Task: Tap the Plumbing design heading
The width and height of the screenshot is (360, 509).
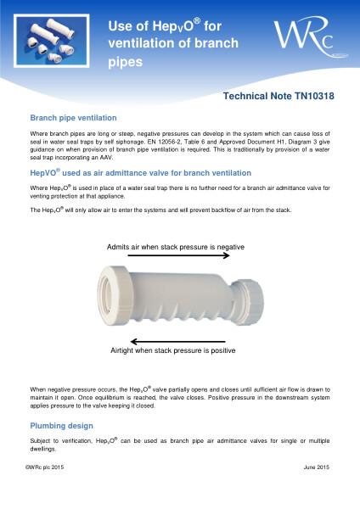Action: (x=62, y=425)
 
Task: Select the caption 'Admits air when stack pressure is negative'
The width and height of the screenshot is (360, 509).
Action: (x=176, y=246)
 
